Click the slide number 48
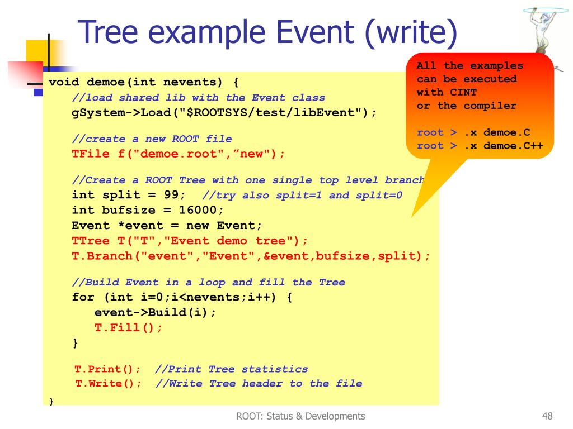pyautogui.click(x=547, y=416)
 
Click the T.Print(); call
pyautogui.click(x=107, y=369)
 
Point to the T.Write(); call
pyautogui.click(x=109, y=384)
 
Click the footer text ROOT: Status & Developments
pyautogui.click(x=300, y=416)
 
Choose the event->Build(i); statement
pyautogui.click(x=155, y=312)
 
